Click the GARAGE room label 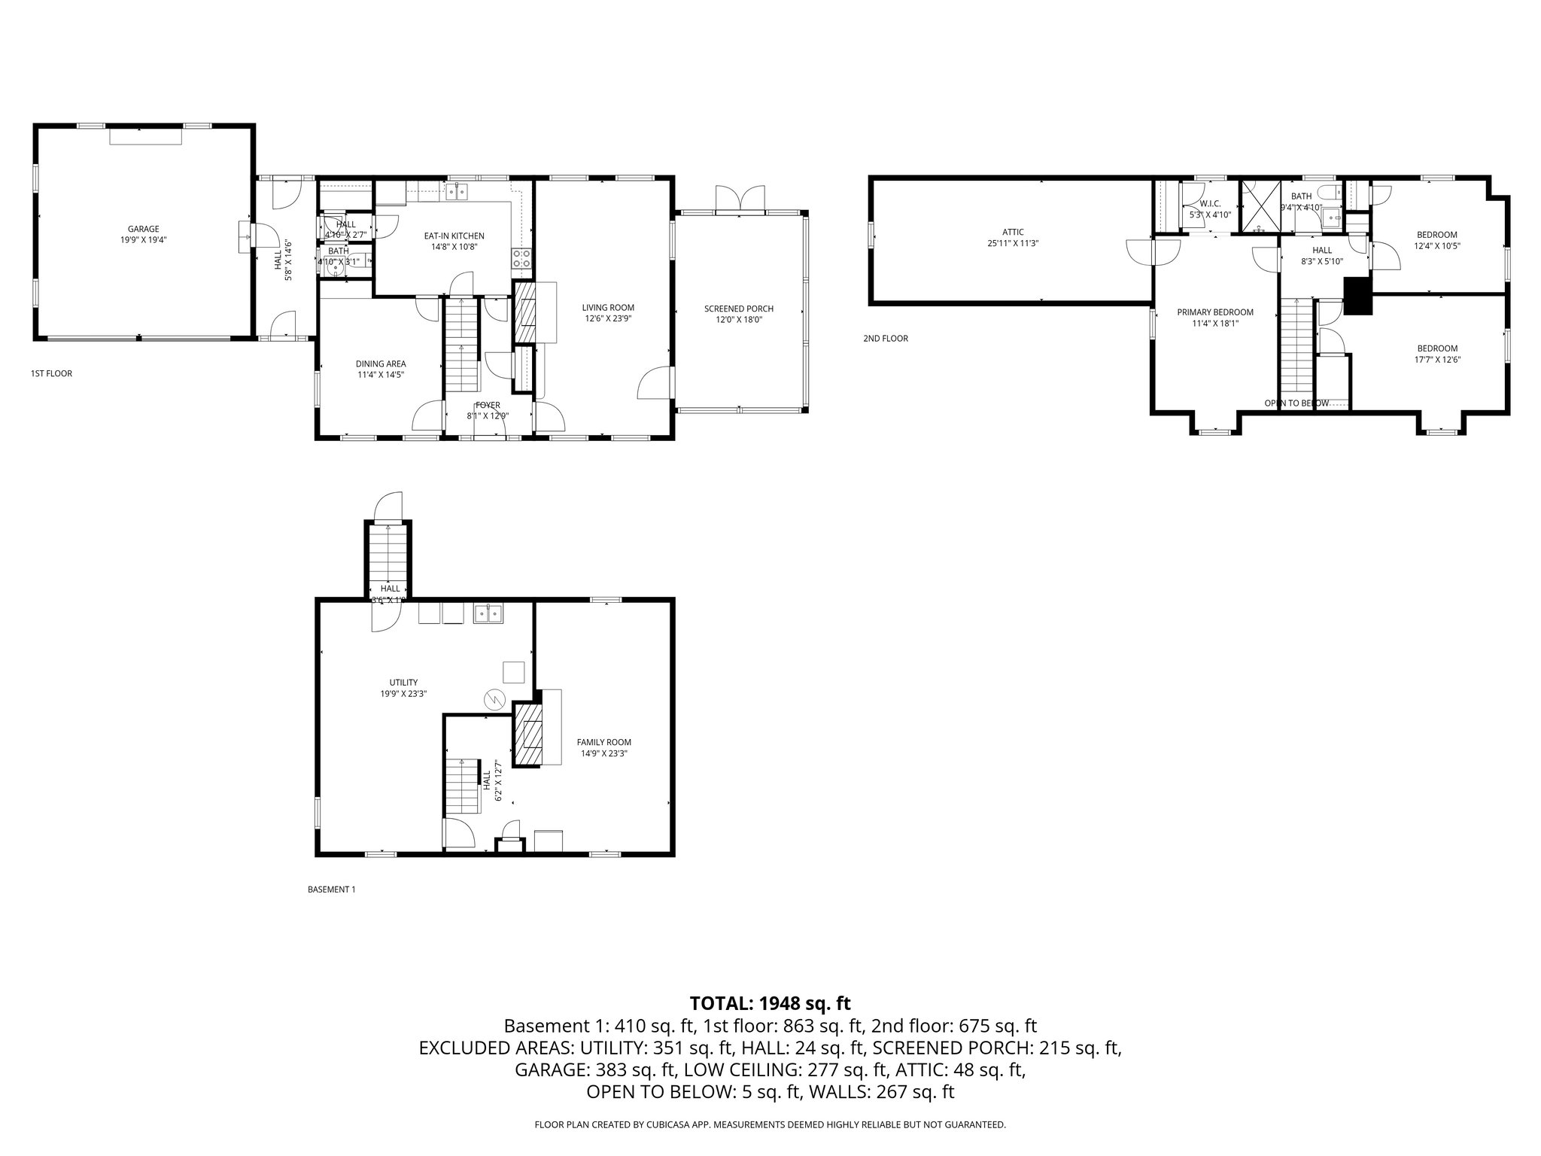pyautogui.click(x=143, y=229)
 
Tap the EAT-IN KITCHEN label pyautogui.click(x=454, y=236)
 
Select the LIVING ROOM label pyautogui.click(x=608, y=307)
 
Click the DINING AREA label pyautogui.click(x=381, y=364)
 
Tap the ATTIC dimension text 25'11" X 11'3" pyautogui.click(x=1013, y=243)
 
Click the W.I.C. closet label pyautogui.click(x=1210, y=203)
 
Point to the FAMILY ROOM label pyautogui.click(x=603, y=742)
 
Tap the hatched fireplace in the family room pyautogui.click(x=527, y=735)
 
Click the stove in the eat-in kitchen pyautogui.click(x=521, y=259)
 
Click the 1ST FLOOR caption pyautogui.click(x=51, y=373)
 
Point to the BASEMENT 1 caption pyautogui.click(x=331, y=890)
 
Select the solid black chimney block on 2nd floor pyautogui.click(x=1358, y=296)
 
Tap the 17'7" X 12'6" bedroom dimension pyautogui.click(x=1437, y=359)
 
